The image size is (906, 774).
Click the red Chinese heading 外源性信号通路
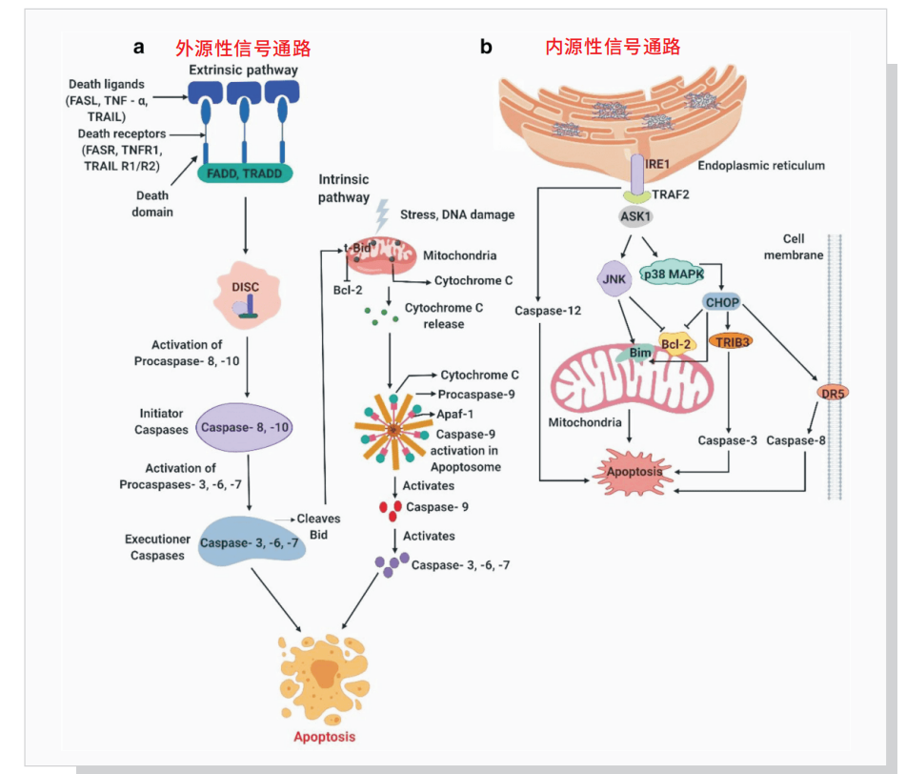click(x=243, y=49)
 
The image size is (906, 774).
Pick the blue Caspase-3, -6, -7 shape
click(x=246, y=541)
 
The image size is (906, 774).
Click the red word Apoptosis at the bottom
click(x=323, y=736)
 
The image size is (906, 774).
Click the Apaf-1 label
click(x=455, y=415)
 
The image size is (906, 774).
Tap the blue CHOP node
click(x=721, y=302)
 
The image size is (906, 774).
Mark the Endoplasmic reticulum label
click(x=761, y=165)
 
